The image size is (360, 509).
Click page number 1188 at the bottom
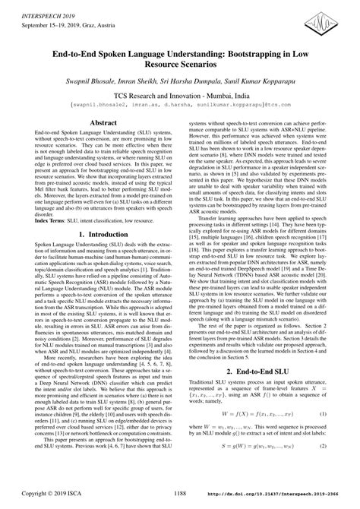coord(180,501)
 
